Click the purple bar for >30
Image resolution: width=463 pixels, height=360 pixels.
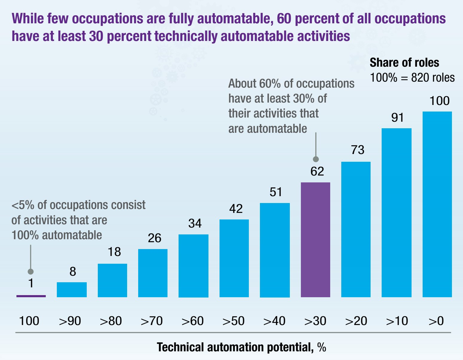pos(315,240)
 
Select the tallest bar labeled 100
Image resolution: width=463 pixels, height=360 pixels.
pos(437,204)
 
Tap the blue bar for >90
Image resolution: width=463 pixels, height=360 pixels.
pos(72,289)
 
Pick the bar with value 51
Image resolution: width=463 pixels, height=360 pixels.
pos(275,250)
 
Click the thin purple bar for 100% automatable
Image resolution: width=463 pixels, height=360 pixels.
pos(31,296)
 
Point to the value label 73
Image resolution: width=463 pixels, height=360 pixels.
pos(357,150)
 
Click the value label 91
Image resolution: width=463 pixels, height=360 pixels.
pos(397,118)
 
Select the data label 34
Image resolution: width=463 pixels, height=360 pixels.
pos(195,223)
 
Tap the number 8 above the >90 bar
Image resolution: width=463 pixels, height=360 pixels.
pos(73,271)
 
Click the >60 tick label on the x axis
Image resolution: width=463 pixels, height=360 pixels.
pos(193,321)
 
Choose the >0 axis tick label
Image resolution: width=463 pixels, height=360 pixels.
pos(436,321)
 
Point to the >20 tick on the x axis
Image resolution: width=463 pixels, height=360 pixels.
pos(356,321)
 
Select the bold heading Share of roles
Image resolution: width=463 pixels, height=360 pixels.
pos(404,62)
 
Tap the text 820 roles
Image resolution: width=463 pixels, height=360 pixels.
pos(433,78)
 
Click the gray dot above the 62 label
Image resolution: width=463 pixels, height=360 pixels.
pos(316,159)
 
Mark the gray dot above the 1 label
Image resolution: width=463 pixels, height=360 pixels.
pos(31,271)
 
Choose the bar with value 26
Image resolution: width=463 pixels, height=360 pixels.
pos(153,273)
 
